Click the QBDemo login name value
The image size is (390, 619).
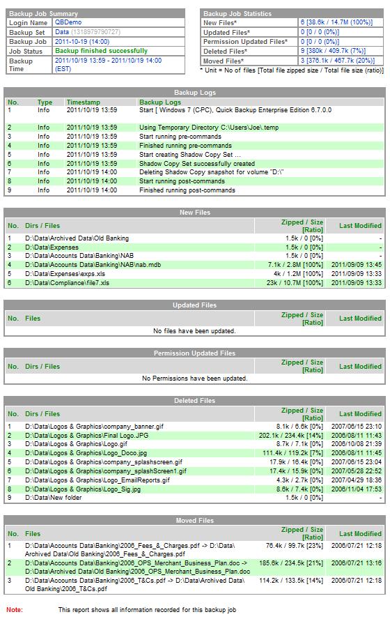point(68,22)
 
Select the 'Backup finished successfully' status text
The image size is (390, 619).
point(101,51)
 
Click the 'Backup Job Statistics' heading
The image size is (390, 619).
point(237,13)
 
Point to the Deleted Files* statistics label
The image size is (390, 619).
point(226,51)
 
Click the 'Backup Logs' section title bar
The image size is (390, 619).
point(194,93)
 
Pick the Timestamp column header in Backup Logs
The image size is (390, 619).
point(81,102)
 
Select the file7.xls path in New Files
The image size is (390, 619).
point(67,283)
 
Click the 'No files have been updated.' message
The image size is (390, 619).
point(194,331)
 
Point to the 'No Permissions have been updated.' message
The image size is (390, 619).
point(194,379)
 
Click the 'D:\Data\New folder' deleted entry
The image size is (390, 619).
point(54,498)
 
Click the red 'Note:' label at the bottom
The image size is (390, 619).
point(15,610)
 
